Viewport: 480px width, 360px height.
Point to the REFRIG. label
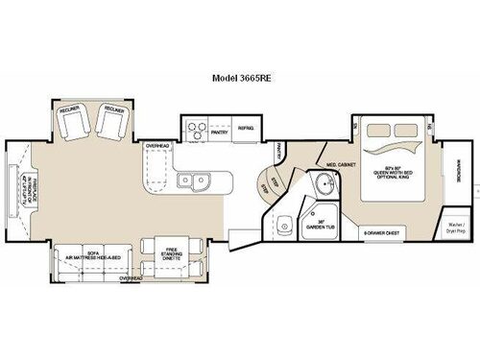pyautogui.click(x=246, y=126)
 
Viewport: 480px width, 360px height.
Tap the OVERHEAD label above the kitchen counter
pyautogui.click(x=158, y=147)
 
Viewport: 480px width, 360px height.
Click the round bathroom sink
pyautogui.click(x=324, y=188)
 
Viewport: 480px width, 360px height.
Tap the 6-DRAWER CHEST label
pyautogui.click(x=381, y=233)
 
